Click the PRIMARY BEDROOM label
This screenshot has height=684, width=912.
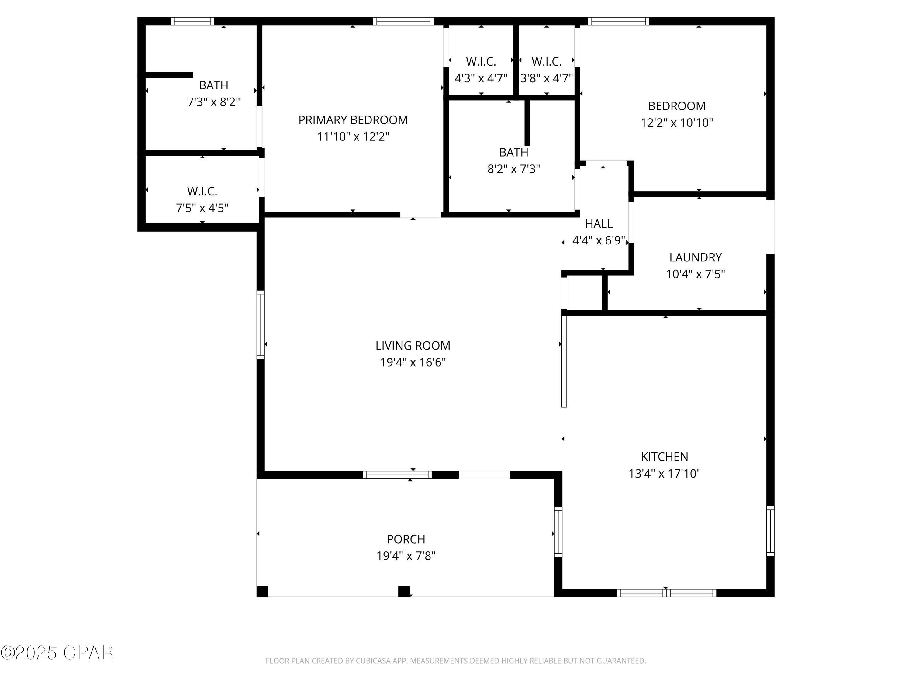point(353,120)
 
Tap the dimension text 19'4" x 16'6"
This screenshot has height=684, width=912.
point(413,362)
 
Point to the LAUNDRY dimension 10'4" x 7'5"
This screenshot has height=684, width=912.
point(695,274)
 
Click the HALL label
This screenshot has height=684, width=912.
point(599,224)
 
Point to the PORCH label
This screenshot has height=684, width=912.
point(406,539)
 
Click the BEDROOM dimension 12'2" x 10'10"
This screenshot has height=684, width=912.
point(677,123)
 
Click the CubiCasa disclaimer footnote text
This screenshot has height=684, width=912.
point(456,661)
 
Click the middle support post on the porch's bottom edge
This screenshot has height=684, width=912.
point(404,591)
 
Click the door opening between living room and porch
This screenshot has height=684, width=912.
point(484,475)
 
